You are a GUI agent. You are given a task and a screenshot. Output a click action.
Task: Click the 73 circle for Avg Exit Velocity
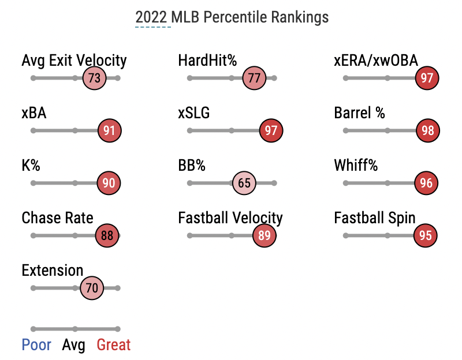point(95,78)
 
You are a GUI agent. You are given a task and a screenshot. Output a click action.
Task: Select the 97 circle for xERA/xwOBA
point(427,78)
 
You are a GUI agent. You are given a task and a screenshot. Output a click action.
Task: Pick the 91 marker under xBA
point(109,131)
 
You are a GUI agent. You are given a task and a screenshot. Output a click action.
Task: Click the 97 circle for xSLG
point(271,131)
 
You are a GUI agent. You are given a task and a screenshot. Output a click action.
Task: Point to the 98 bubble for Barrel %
point(427,131)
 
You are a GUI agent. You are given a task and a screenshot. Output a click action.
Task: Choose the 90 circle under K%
point(109,183)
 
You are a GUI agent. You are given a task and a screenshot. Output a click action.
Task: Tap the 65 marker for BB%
point(244,183)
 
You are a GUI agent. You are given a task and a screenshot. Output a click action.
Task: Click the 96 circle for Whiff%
point(427,183)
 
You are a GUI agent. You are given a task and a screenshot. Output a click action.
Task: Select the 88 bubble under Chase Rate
point(107,236)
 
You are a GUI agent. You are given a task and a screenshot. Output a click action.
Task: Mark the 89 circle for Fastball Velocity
point(264,236)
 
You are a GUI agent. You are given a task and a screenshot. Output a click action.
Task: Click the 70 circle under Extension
point(92,288)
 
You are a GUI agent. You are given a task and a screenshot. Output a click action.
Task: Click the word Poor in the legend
point(36,345)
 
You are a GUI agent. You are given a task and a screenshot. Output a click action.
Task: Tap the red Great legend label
point(114,345)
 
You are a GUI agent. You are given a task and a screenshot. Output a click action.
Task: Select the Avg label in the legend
point(74,345)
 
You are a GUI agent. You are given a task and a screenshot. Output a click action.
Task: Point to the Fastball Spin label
point(375,218)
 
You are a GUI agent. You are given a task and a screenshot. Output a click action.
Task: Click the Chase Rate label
point(57,218)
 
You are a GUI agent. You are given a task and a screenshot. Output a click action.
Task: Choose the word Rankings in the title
point(300,17)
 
